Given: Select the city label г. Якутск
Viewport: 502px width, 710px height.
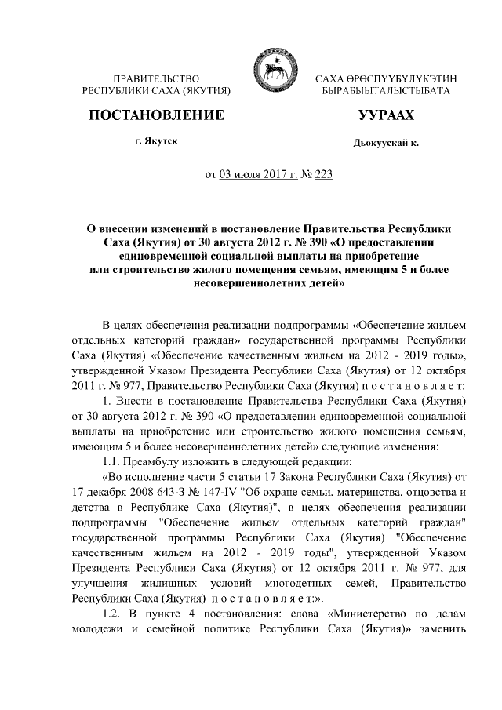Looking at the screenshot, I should [x=155, y=141].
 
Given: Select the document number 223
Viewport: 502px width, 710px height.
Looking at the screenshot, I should [x=322, y=174].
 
